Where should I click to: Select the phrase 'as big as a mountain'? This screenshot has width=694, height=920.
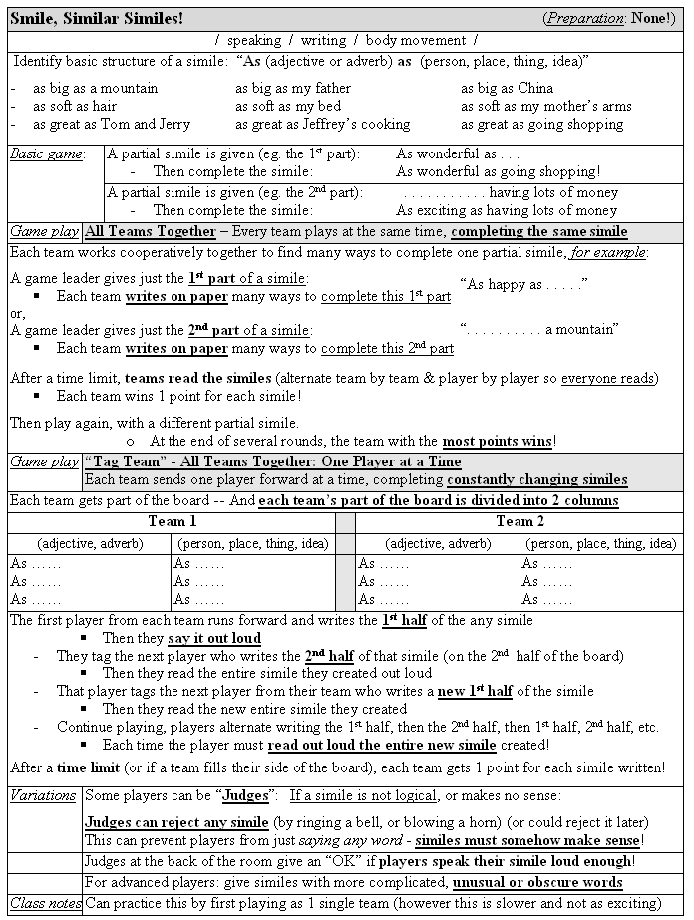(x=95, y=88)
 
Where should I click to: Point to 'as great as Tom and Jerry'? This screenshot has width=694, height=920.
(x=111, y=124)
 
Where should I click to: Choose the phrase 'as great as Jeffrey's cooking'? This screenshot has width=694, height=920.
(x=322, y=124)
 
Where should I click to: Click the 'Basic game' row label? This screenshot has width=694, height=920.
(x=46, y=154)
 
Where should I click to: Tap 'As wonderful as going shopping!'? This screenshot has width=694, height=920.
(x=498, y=172)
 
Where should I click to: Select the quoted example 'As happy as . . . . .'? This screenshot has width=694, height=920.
(x=523, y=284)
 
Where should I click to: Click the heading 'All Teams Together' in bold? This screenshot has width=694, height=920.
(x=151, y=231)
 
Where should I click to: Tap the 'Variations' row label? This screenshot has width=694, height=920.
(x=44, y=795)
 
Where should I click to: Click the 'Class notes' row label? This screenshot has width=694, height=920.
(x=45, y=903)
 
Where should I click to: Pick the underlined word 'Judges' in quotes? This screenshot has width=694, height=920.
(x=245, y=795)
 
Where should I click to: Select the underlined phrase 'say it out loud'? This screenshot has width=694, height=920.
(x=214, y=638)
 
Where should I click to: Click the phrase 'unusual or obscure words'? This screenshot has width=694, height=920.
(x=537, y=882)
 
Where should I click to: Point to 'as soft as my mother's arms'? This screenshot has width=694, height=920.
(x=545, y=106)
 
